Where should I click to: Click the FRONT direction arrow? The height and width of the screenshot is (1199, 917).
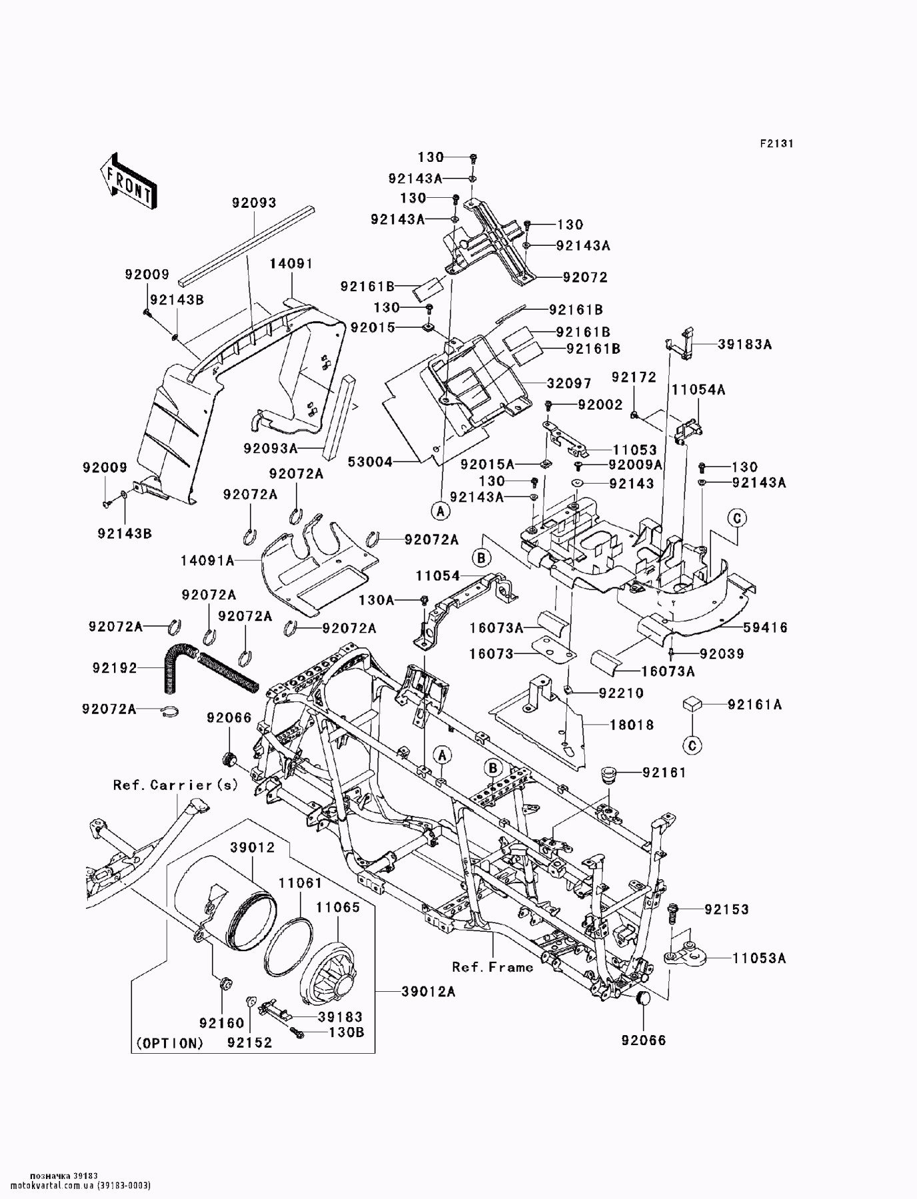point(129,179)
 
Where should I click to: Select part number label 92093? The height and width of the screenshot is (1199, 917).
point(254,203)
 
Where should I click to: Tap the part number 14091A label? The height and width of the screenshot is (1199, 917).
point(207,561)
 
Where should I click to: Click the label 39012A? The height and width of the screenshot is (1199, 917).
point(429,992)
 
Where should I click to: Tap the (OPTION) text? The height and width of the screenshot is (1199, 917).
point(169,1043)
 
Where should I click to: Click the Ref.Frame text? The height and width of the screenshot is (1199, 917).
point(492,967)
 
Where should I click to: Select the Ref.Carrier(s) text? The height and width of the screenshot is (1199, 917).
point(175,785)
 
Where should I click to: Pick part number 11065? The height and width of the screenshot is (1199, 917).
point(338,907)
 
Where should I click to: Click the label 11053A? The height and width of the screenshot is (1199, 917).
point(759,958)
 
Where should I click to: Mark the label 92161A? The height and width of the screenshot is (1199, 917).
point(755,704)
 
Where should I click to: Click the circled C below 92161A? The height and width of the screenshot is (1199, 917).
point(692,745)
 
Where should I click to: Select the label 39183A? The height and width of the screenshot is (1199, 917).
point(745,344)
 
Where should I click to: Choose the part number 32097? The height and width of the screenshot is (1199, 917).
point(569,384)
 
